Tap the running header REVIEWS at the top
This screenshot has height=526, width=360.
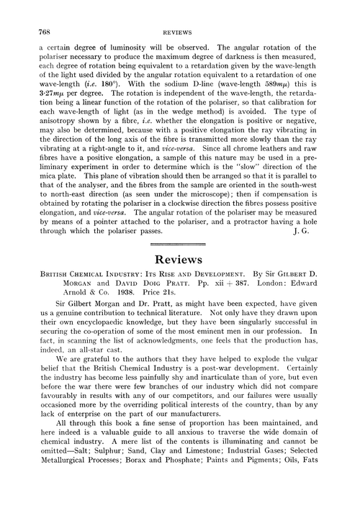point(179,32)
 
